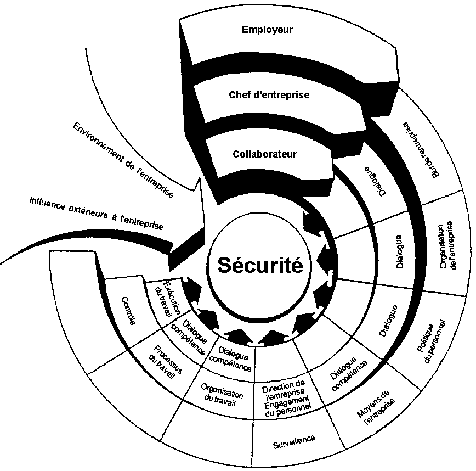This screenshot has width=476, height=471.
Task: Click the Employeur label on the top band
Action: click(267, 30)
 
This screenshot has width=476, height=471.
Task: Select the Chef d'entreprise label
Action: click(269, 95)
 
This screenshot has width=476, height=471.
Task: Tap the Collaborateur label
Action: click(264, 154)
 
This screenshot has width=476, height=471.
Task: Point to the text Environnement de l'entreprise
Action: click(123, 160)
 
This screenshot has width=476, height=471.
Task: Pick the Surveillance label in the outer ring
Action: click(294, 440)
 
